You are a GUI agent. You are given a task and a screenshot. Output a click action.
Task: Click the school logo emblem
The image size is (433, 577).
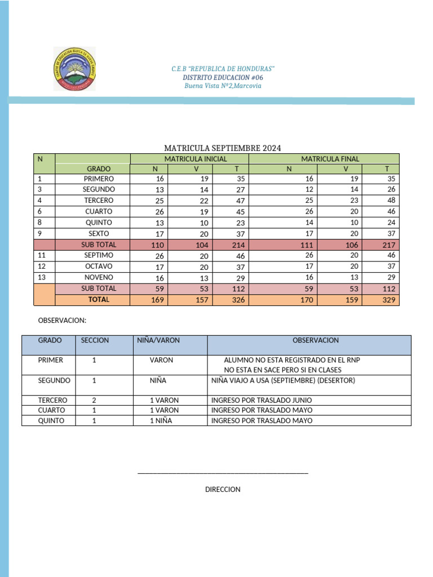(x=74, y=69)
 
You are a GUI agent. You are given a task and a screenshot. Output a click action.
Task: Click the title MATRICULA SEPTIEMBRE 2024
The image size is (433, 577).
(x=222, y=148)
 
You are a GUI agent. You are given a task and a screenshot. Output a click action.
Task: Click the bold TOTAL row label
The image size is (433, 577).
(x=99, y=300)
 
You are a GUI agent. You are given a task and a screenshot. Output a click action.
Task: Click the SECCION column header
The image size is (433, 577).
(x=95, y=340)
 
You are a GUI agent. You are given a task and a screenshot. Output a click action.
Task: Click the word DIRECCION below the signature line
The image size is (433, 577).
(x=223, y=490)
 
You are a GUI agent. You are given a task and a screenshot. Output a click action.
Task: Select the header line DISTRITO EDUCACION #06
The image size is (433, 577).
(x=223, y=77)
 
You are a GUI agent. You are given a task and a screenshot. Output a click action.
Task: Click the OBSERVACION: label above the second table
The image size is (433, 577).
(x=62, y=320)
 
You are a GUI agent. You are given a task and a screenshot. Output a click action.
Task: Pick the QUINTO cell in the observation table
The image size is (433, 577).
(x=51, y=420)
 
